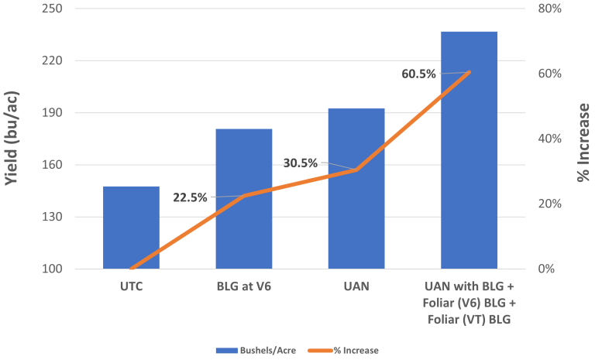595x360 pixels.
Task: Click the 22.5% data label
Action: pyautogui.click(x=190, y=197)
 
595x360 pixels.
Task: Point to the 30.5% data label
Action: pyautogui.click(x=301, y=163)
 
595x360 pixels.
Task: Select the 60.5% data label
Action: pyautogui.click(x=419, y=74)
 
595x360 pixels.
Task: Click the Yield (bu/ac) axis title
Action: pyautogui.click(x=13, y=139)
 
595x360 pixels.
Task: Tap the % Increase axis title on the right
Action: pyautogui.click(x=583, y=139)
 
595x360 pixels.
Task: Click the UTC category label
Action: pyautogui.click(x=131, y=286)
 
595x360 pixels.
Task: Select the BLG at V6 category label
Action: pyautogui.click(x=243, y=286)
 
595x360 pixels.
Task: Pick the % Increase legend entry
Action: pyautogui.click(x=353, y=350)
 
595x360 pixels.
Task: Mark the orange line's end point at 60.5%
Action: pyautogui.click(x=469, y=72)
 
